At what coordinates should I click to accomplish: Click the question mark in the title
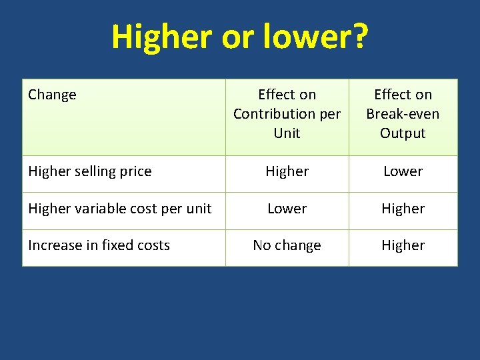pos(359,37)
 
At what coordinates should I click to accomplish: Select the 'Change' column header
pos(52,95)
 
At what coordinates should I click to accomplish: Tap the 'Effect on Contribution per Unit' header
pos(287,114)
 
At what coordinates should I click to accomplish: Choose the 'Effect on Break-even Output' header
pos(403,114)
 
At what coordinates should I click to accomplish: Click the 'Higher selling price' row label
pos(90,171)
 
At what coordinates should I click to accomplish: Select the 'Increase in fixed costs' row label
pos(99,245)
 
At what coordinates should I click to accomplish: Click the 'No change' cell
pos(287,245)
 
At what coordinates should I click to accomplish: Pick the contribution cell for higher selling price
pos(287,171)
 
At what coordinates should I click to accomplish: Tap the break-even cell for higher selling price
pos(403,171)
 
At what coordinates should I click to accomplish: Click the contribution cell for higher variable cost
pos(287,209)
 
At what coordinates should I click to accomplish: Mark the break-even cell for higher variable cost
pos(403,209)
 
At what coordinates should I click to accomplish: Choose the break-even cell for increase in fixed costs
pos(403,245)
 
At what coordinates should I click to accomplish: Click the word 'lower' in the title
pos(307,37)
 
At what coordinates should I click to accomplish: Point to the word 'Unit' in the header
pos(287,133)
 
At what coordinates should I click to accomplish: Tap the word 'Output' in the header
pos(403,133)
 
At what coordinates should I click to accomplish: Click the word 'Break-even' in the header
pos(403,114)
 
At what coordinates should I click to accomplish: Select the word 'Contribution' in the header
pos(274,114)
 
